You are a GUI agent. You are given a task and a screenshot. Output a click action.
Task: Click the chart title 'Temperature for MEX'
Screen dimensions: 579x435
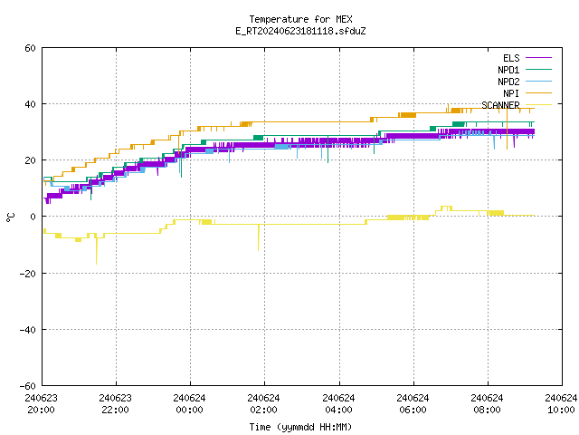(300, 19)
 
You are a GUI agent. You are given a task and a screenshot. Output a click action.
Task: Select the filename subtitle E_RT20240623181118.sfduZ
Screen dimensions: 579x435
(300, 31)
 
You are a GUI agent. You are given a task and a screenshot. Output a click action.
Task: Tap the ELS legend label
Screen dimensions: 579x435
(511, 58)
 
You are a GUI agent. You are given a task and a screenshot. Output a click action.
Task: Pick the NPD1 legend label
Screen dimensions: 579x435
(508, 70)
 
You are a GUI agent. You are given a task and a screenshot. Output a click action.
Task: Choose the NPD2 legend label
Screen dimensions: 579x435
(508, 82)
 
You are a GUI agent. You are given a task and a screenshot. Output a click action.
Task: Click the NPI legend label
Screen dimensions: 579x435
(511, 93)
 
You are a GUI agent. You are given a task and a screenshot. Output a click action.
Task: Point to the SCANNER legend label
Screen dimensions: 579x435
(500, 105)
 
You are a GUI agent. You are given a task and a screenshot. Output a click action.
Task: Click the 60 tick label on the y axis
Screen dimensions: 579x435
(30, 48)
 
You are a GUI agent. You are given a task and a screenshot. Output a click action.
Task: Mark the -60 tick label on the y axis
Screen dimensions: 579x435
(28, 386)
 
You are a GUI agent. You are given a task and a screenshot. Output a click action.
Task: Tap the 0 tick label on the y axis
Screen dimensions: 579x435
(33, 217)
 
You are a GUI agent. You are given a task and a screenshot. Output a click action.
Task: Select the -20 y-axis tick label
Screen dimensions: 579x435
(28, 274)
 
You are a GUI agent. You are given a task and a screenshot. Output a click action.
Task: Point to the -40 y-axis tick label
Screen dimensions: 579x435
(28, 330)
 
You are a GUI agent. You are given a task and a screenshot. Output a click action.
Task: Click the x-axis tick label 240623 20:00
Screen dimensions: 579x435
(41, 404)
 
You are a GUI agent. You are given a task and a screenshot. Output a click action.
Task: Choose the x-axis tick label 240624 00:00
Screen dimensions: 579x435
(189, 404)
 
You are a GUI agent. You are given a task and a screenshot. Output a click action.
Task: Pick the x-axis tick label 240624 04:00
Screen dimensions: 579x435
(338, 404)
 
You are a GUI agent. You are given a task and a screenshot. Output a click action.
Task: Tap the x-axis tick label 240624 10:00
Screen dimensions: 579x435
(561, 404)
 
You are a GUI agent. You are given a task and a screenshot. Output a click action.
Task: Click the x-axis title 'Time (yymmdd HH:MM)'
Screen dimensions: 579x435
(300, 427)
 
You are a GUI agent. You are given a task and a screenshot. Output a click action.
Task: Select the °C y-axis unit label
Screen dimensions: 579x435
(10, 217)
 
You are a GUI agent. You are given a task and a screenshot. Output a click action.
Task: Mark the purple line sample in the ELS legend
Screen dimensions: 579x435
(539, 58)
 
